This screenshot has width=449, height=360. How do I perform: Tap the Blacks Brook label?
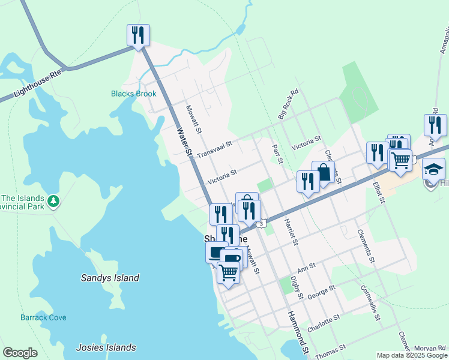(133, 94)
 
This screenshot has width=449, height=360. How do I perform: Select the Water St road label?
(184, 142)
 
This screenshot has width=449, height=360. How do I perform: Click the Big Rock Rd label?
(288, 104)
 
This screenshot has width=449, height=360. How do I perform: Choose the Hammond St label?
(298, 332)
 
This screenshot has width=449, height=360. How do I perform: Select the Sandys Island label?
(110, 278)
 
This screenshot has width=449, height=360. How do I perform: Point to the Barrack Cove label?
(43, 317)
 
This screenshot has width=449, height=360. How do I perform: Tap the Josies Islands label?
(106, 347)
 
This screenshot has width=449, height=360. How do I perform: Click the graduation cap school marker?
(433, 169)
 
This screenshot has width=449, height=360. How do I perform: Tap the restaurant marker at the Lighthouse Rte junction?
(138, 35)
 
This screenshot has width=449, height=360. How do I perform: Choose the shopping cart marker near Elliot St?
(400, 160)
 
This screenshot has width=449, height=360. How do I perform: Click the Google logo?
(20, 353)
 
